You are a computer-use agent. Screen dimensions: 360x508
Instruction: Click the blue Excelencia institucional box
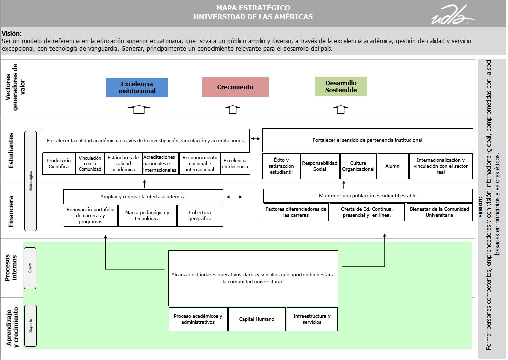click(x=137, y=87)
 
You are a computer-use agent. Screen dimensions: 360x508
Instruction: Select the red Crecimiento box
click(x=235, y=87)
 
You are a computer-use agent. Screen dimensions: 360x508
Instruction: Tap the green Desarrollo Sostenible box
click(x=341, y=86)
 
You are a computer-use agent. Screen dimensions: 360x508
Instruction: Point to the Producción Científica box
click(x=59, y=164)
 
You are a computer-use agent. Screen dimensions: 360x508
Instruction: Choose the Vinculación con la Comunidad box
click(x=90, y=164)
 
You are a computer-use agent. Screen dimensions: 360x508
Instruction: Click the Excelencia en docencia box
click(x=235, y=164)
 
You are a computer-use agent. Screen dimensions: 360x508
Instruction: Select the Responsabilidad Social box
click(x=320, y=166)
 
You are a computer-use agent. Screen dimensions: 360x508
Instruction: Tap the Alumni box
click(x=393, y=166)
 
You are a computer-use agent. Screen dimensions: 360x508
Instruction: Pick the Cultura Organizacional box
click(x=358, y=166)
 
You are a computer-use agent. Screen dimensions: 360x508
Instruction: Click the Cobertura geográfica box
click(x=200, y=215)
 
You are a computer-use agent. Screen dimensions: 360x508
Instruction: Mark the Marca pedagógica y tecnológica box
click(x=147, y=215)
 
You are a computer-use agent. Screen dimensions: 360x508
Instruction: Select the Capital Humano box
click(x=257, y=319)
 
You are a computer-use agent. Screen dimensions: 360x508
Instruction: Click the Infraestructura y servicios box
click(x=312, y=319)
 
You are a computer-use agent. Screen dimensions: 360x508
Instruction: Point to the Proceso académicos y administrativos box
click(x=198, y=319)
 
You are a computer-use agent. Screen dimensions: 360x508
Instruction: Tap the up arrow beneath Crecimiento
click(x=232, y=109)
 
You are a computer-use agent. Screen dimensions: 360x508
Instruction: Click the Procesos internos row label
click(x=14, y=268)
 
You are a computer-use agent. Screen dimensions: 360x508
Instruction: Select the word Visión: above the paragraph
click(x=12, y=34)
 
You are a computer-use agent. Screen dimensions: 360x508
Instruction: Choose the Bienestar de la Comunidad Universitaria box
click(x=439, y=212)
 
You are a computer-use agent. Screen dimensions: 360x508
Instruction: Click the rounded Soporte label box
click(x=30, y=325)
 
